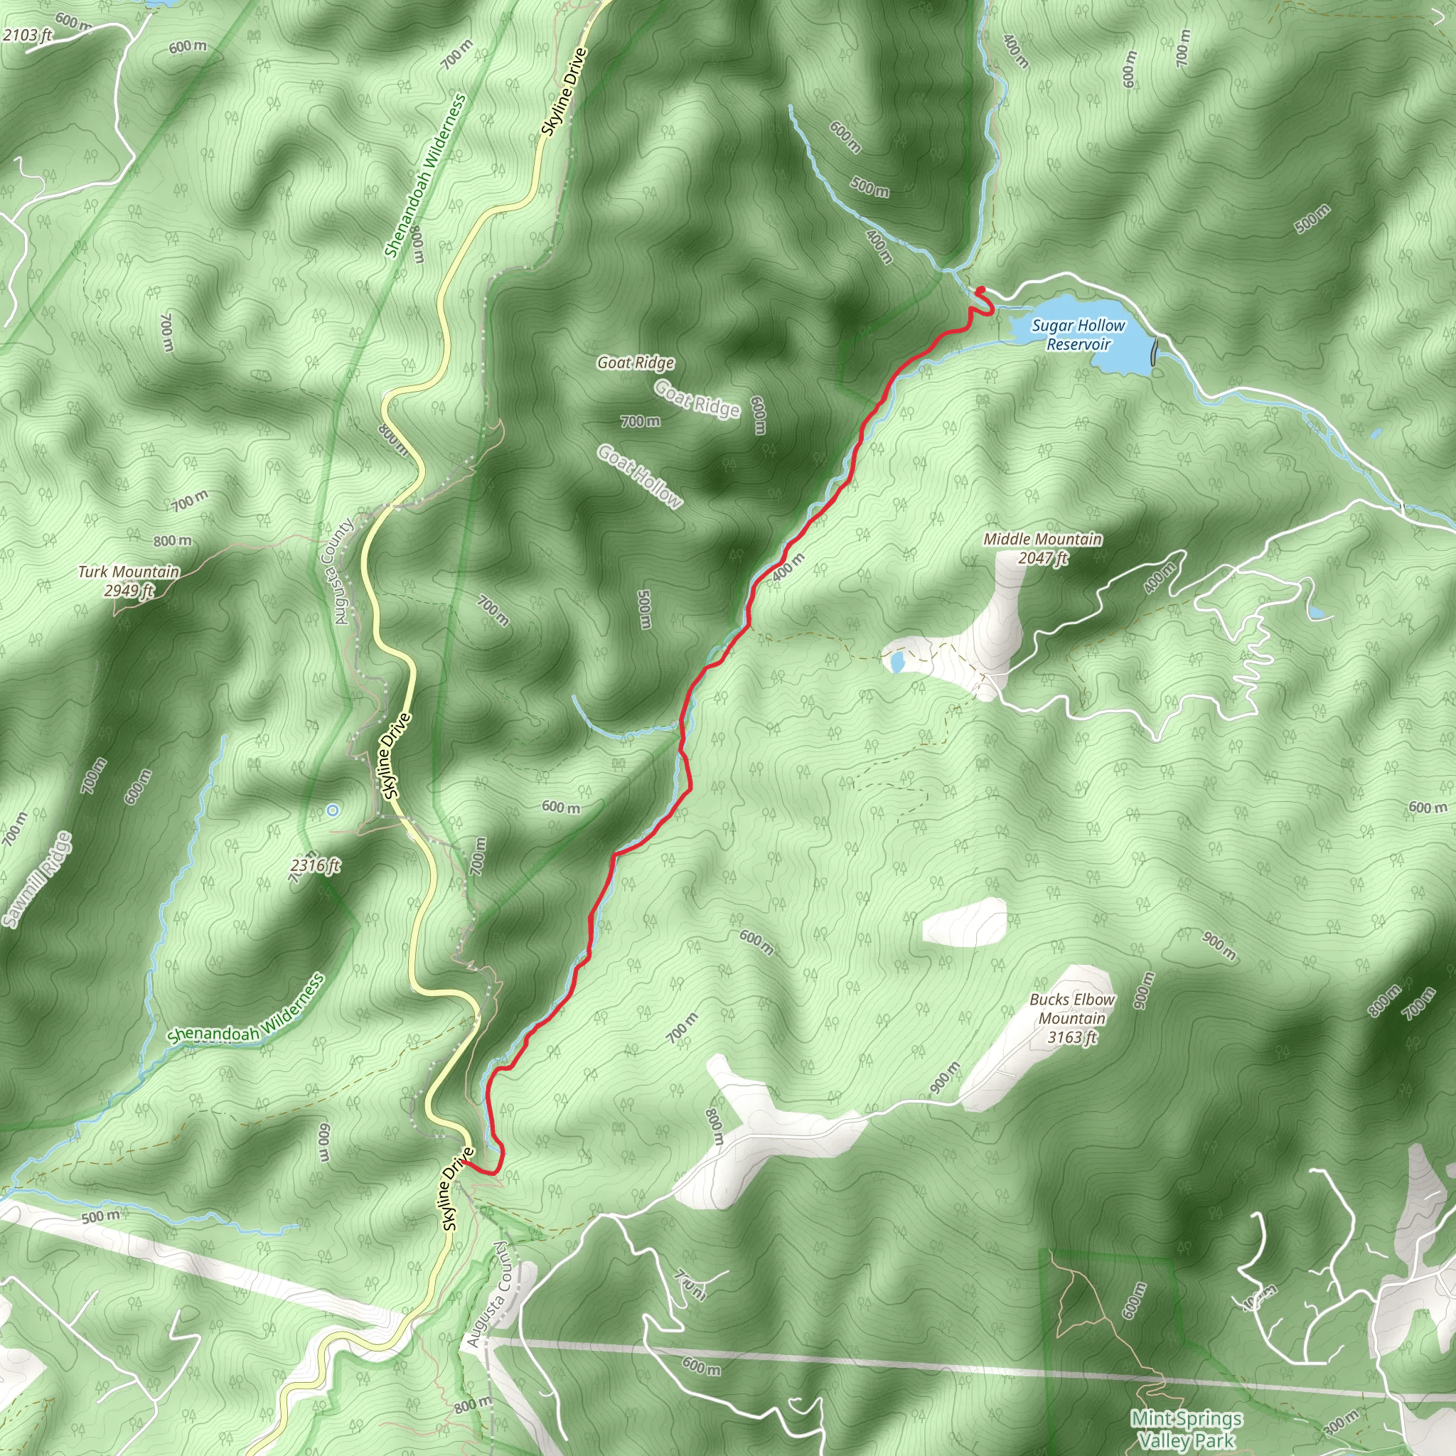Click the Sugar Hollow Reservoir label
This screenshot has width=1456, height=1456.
[x=1078, y=335]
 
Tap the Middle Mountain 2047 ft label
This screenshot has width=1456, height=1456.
[x=1042, y=548]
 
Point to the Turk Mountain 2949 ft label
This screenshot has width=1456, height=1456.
[x=129, y=580]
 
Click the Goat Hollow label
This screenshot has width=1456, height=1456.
[x=639, y=476]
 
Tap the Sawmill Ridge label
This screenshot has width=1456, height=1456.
[x=36, y=879]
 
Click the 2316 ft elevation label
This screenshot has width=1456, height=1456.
[x=315, y=865]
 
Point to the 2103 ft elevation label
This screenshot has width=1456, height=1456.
[x=27, y=35]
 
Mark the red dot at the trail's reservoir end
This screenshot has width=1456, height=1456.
[x=980, y=290]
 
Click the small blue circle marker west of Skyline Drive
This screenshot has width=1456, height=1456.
[x=332, y=810]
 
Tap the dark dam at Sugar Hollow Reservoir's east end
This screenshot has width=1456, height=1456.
[x=1155, y=352]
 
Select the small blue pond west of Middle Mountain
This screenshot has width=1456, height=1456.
[x=896, y=663]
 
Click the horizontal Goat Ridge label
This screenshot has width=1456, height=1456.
[x=636, y=363]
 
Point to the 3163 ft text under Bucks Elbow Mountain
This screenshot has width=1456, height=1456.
[x=1071, y=1038]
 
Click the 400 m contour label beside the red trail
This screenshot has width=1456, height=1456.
[x=788, y=567]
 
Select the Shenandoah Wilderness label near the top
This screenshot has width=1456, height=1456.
[x=425, y=175]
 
